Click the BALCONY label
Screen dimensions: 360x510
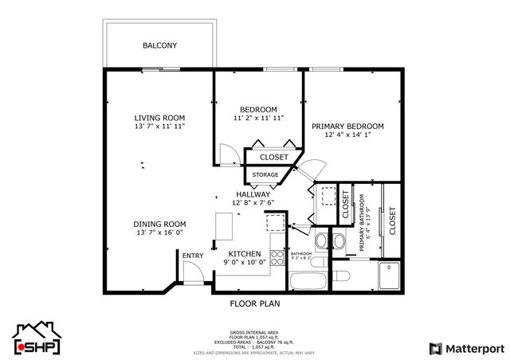pyautogui.click(x=159, y=45)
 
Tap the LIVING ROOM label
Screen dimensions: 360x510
pyautogui.click(x=159, y=118)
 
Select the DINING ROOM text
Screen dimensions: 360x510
pyautogui.click(x=159, y=224)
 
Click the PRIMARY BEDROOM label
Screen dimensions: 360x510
pyautogui.click(x=347, y=126)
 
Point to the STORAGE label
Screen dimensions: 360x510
pyautogui.click(x=265, y=174)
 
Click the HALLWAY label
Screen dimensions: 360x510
pyautogui.click(x=253, y=194)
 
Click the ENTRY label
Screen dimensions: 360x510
pyautogui.click(x=192, y=256)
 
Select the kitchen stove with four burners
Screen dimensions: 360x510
pyautogui.click(x=277, y=257)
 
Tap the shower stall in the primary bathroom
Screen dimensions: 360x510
pyautogui.click(x=390, y=275)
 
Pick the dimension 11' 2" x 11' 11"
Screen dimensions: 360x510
pyautogui.click(x=258, y=118)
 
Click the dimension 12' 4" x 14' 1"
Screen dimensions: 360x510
pyautogui.click(x=347, y=135)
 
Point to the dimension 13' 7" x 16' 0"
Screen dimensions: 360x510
pyautogui.click(x=159, y=233)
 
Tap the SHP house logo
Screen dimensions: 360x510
pyautogui.click(x=36, y=338)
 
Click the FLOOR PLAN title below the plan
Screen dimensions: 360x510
pyautogui.click(x=254, y=303)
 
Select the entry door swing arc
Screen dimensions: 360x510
pyautogui.click(x=191, y=275)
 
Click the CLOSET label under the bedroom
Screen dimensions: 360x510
pyautogui.click(x=274, y=157)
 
